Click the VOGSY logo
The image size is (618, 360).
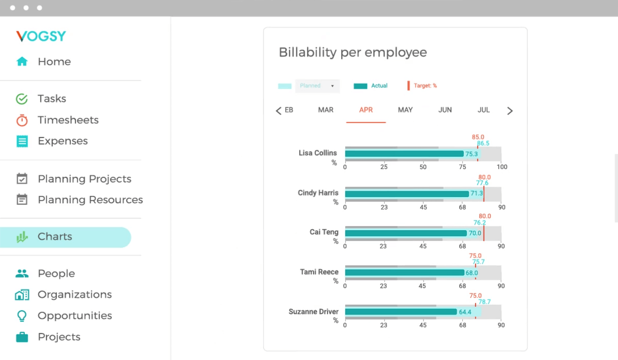coord(41,36)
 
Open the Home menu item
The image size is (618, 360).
coord(54,62)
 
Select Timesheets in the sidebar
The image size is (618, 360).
coord(68,120)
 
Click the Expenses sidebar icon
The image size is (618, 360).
coord(22,141)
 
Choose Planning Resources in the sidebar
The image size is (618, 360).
coord(90,200)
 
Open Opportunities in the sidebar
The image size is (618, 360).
coord(75,316)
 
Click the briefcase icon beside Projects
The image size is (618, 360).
coord(22,337)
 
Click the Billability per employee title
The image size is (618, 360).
coord(352,52)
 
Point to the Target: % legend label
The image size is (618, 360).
coord(425,86)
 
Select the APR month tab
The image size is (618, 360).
coord(366,110)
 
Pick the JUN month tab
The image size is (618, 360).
coord(445,110)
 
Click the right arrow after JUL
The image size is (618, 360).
coord(510,111)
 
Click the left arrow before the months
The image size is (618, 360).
coord(278,111)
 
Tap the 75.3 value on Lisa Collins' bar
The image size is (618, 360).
coord(471,154)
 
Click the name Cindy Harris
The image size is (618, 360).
coord(318,193)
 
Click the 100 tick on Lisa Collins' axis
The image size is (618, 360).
coord(502,167)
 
